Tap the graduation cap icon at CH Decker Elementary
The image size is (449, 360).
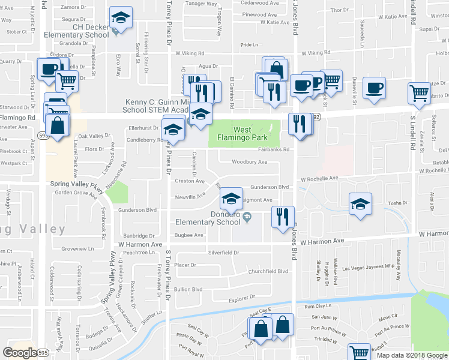pyautogui.click(x=121, y=19)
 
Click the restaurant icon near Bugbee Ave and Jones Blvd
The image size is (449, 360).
pyautogui.click(x=282, y=216)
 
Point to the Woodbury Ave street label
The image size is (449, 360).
pyautogui.click(x=249, y=162)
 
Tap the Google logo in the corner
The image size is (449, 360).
pyautogui.click(x=20, y=353)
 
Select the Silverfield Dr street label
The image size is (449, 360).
pyautogui.click(x=223, y=253)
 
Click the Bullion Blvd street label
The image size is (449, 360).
pyautogui.click(x=188, y=289)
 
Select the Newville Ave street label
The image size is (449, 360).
pyautogui.click(x=190, y=196)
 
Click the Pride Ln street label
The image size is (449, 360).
pyautogui.click(x=249, y=45)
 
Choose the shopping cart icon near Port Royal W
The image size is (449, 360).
pyautogui.click(x=359, y=354)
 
